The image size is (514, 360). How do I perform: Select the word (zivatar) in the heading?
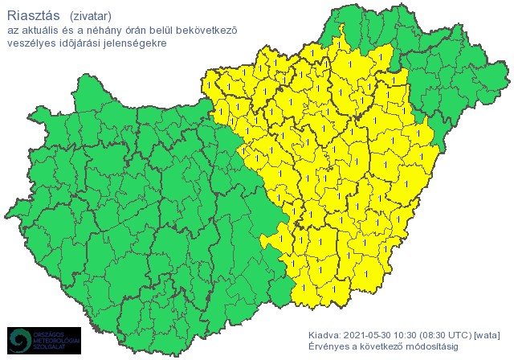[x=91, y=16]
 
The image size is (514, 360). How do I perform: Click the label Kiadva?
[x=324, y=333]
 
